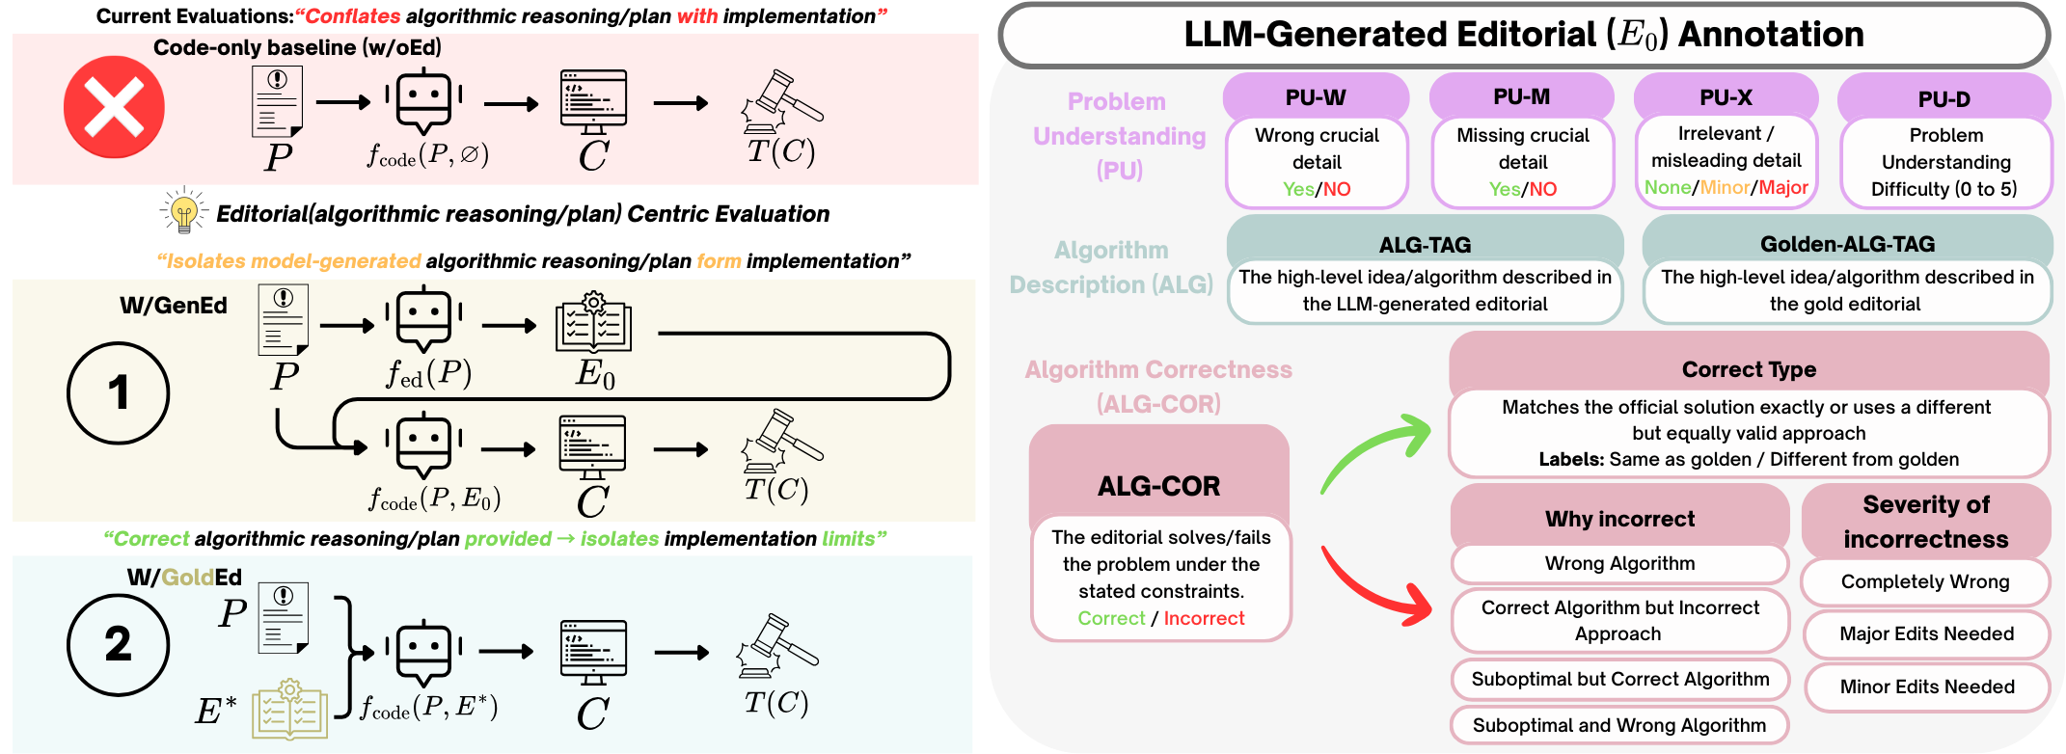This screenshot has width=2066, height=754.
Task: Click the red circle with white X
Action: pyautogui.click(x=114, y=107)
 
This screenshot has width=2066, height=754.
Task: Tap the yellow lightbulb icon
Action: pyautogui.click(x=183, y=211)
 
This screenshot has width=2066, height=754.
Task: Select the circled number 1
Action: pyautogui.click(x=118, y=392)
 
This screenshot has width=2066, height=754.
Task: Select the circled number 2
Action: pyautogui.click(x=118, y=644)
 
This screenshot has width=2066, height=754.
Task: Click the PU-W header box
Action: pyautogui.click(x=1316, y=97)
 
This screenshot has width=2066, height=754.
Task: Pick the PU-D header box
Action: pyautogui.click(x=1944, y=99)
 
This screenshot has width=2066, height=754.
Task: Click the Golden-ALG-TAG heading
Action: pyautogui.click(x=1847, y=244)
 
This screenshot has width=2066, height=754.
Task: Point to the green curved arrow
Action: pyautogui.click(x=1374, y=450)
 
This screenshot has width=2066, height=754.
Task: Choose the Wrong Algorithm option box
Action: pyautogui.click(x=1619, y=563)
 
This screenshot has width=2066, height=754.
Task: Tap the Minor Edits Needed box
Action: pyautogui.click(x=1926, y=687)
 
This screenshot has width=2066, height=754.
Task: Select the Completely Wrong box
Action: pyautogui.click(x=1925, y=581)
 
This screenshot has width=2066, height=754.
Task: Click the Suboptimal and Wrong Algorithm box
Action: pyautogui.click(x=1619, y=725)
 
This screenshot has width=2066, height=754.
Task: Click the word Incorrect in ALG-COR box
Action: pyautogui.click(x=1204, y=618)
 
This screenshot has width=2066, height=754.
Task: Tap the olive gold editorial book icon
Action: pyautogui.click(x=289, y=710)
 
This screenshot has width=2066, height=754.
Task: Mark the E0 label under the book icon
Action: pyautogui.click(x=595, y=373)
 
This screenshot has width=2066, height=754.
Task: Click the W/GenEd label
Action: pyautogui.click(x=174, y=306)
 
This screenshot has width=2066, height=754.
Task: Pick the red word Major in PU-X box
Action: pyautogui.click(x=1783, y=187)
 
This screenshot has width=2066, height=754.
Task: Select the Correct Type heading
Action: pyautogui.click(x=1749, y=369)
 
